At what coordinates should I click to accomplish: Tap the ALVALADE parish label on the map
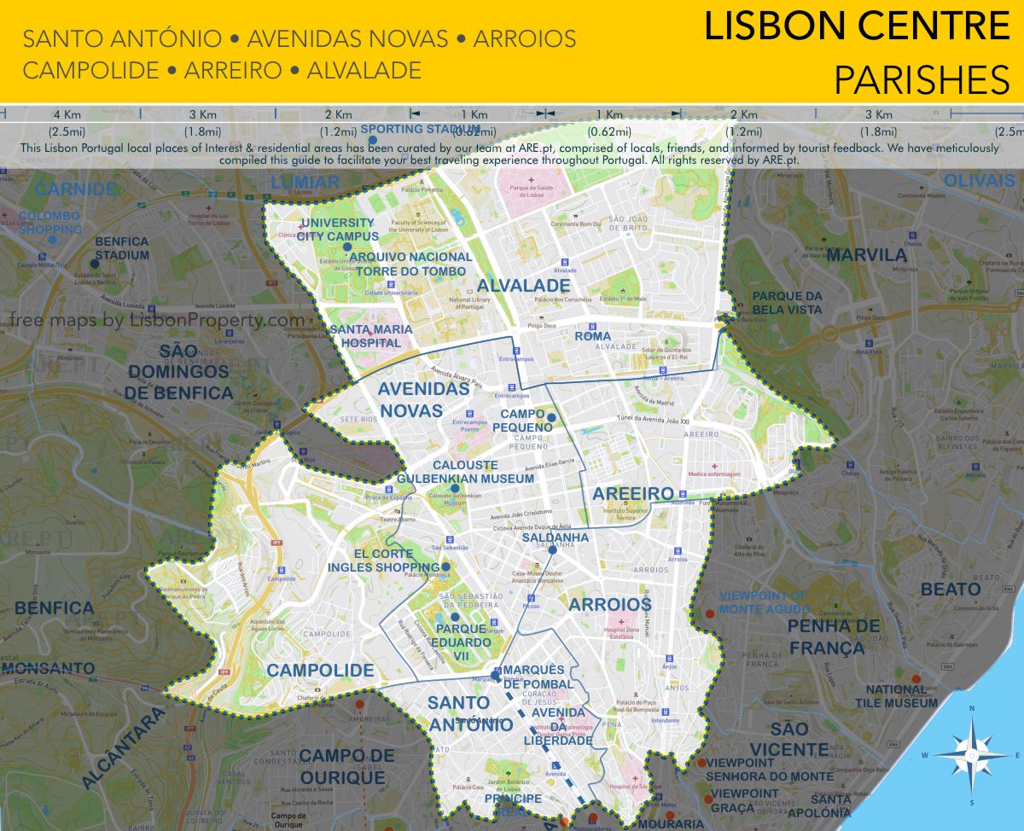(523, 285)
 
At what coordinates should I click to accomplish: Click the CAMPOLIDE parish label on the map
(320, 670)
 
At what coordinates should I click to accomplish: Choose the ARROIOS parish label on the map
(609, 604)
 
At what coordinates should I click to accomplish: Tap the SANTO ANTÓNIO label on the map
(459, 712)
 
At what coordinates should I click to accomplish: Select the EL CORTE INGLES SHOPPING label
(385, 560)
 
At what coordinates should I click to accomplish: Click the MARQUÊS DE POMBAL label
(533, 677)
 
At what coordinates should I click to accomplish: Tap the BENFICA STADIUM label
(121, 248)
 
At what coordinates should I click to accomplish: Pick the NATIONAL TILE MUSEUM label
(902, 696)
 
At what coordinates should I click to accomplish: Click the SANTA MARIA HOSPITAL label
(370, 336)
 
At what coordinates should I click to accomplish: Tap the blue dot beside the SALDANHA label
(553, 550)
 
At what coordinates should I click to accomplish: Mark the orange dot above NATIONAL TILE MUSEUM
(916, 680)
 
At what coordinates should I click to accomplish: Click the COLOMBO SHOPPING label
(49, 223)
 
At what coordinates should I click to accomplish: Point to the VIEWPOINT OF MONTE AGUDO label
(764, 601)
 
